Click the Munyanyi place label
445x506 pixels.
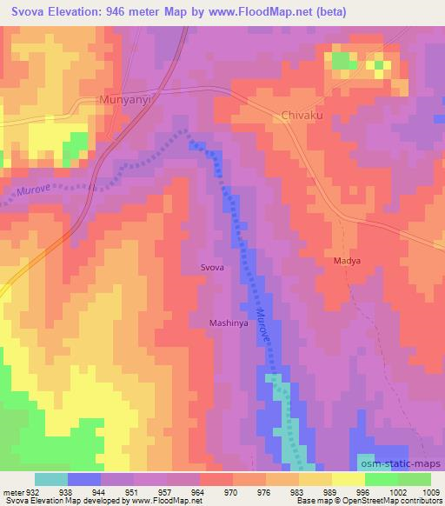[126, 101]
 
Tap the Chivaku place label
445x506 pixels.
[302, 115]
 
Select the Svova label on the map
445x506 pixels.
[213, 269]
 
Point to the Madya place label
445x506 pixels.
[347, 260]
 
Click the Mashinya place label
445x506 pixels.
[229, 323]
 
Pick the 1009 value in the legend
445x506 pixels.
[431, 490]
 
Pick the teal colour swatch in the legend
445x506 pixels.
[50, 479]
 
